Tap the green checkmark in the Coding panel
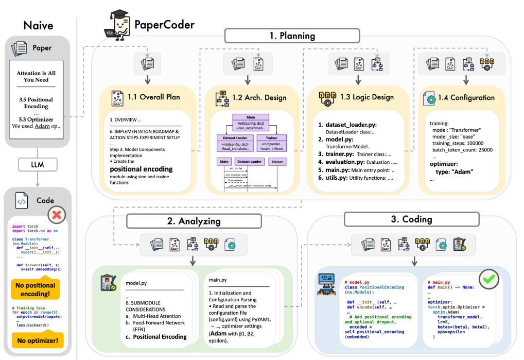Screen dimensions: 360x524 pyautogui.click(x=487, y=279)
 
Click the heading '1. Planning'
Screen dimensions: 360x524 pyautogui.click(x=292, y=36)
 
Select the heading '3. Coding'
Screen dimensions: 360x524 pyautogui.click(x=411, y=219)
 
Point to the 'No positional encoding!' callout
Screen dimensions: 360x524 pyautogui.click(x=36, y=289)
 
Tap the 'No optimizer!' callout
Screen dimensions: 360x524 pyautogui.click(x=36, y=340)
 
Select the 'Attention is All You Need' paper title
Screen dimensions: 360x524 pyautogui.click(x=36, y=76)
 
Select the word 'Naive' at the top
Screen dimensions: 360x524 pyautogui.click(x=39, y=25)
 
